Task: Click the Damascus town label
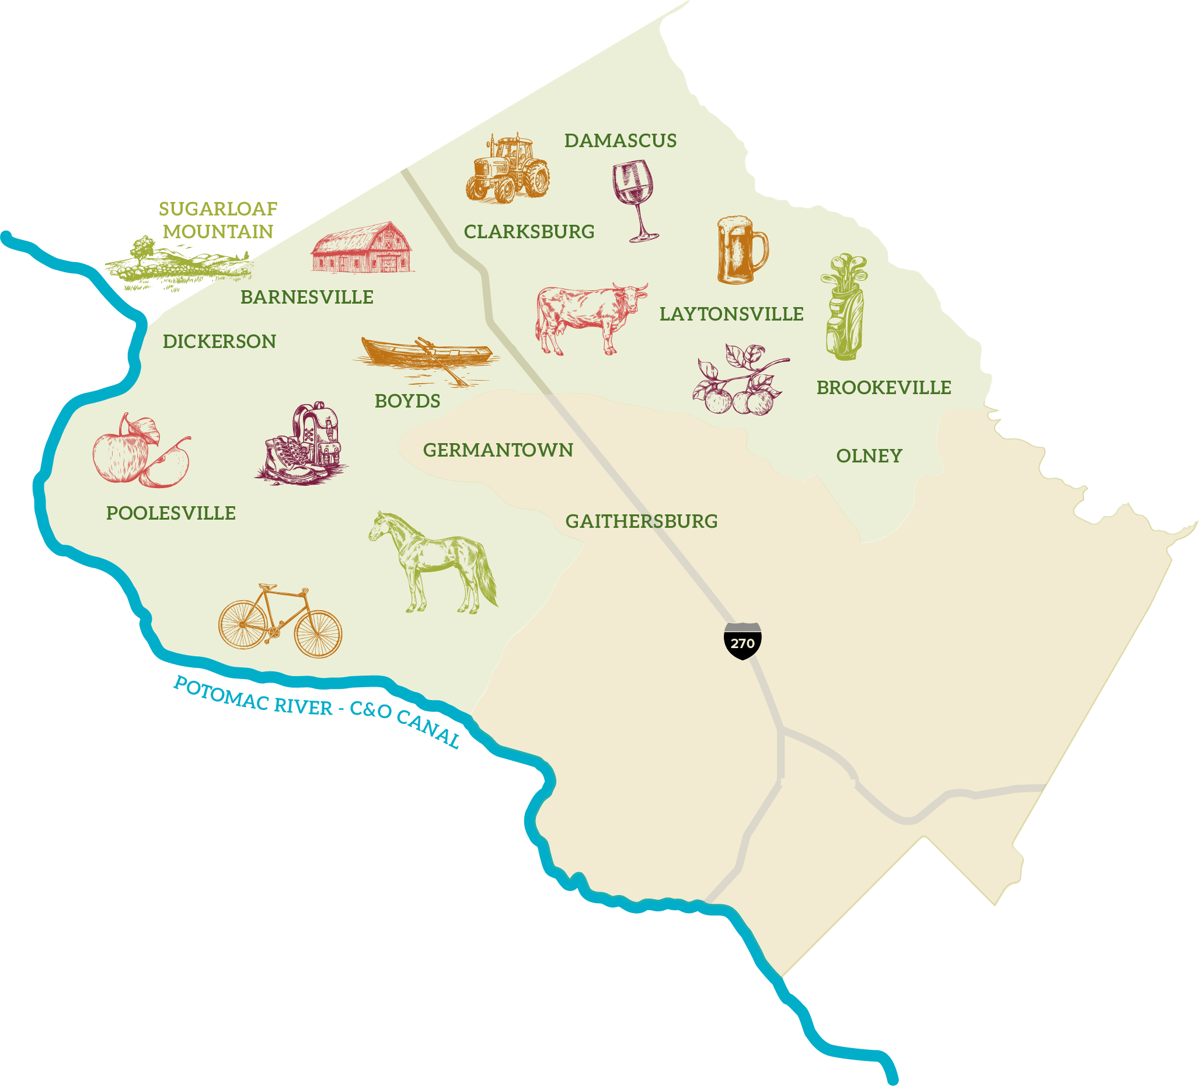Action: point(621,141)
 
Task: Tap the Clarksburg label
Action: point(529,232)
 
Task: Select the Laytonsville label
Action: point(731,314)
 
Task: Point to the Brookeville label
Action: point(884,388)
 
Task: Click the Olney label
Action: point(869,456)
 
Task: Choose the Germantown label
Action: point(498,450)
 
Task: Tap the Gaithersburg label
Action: point(641,521)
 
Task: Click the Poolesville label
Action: point(170,513)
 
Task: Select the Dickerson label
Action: point(219,342)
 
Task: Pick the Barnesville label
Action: point(307,297)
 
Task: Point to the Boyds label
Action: point(407,402)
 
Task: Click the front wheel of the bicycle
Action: point(318,634)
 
